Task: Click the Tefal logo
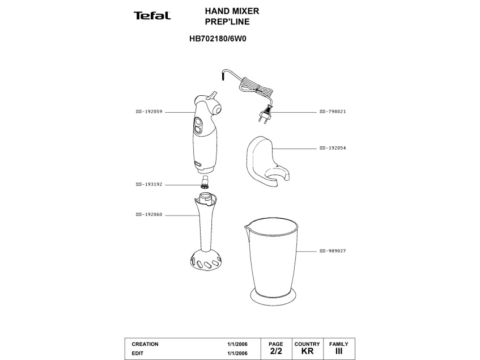coord(152,16)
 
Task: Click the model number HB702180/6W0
coord(218,40)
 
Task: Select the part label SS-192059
coord(149,112)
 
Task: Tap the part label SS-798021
coord(333,112)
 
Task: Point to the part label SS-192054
coord(333,148)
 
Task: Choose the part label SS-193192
coord(149,184)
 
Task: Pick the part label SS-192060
coord(149,215)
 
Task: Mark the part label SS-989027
coord(333,251)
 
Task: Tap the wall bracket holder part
coord(266,160)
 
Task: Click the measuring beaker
coord(270,258)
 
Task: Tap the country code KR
coord(307,351)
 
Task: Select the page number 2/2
coord(276,351)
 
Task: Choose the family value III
coord(339,351)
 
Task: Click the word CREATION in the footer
coord(145,344)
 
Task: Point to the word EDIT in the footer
coord(138,353)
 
